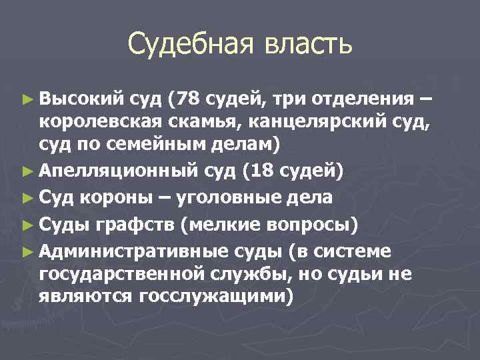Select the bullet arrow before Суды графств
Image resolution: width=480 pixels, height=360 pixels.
tap(27, 223)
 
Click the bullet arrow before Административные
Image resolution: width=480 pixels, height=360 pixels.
tap(27, 251)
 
